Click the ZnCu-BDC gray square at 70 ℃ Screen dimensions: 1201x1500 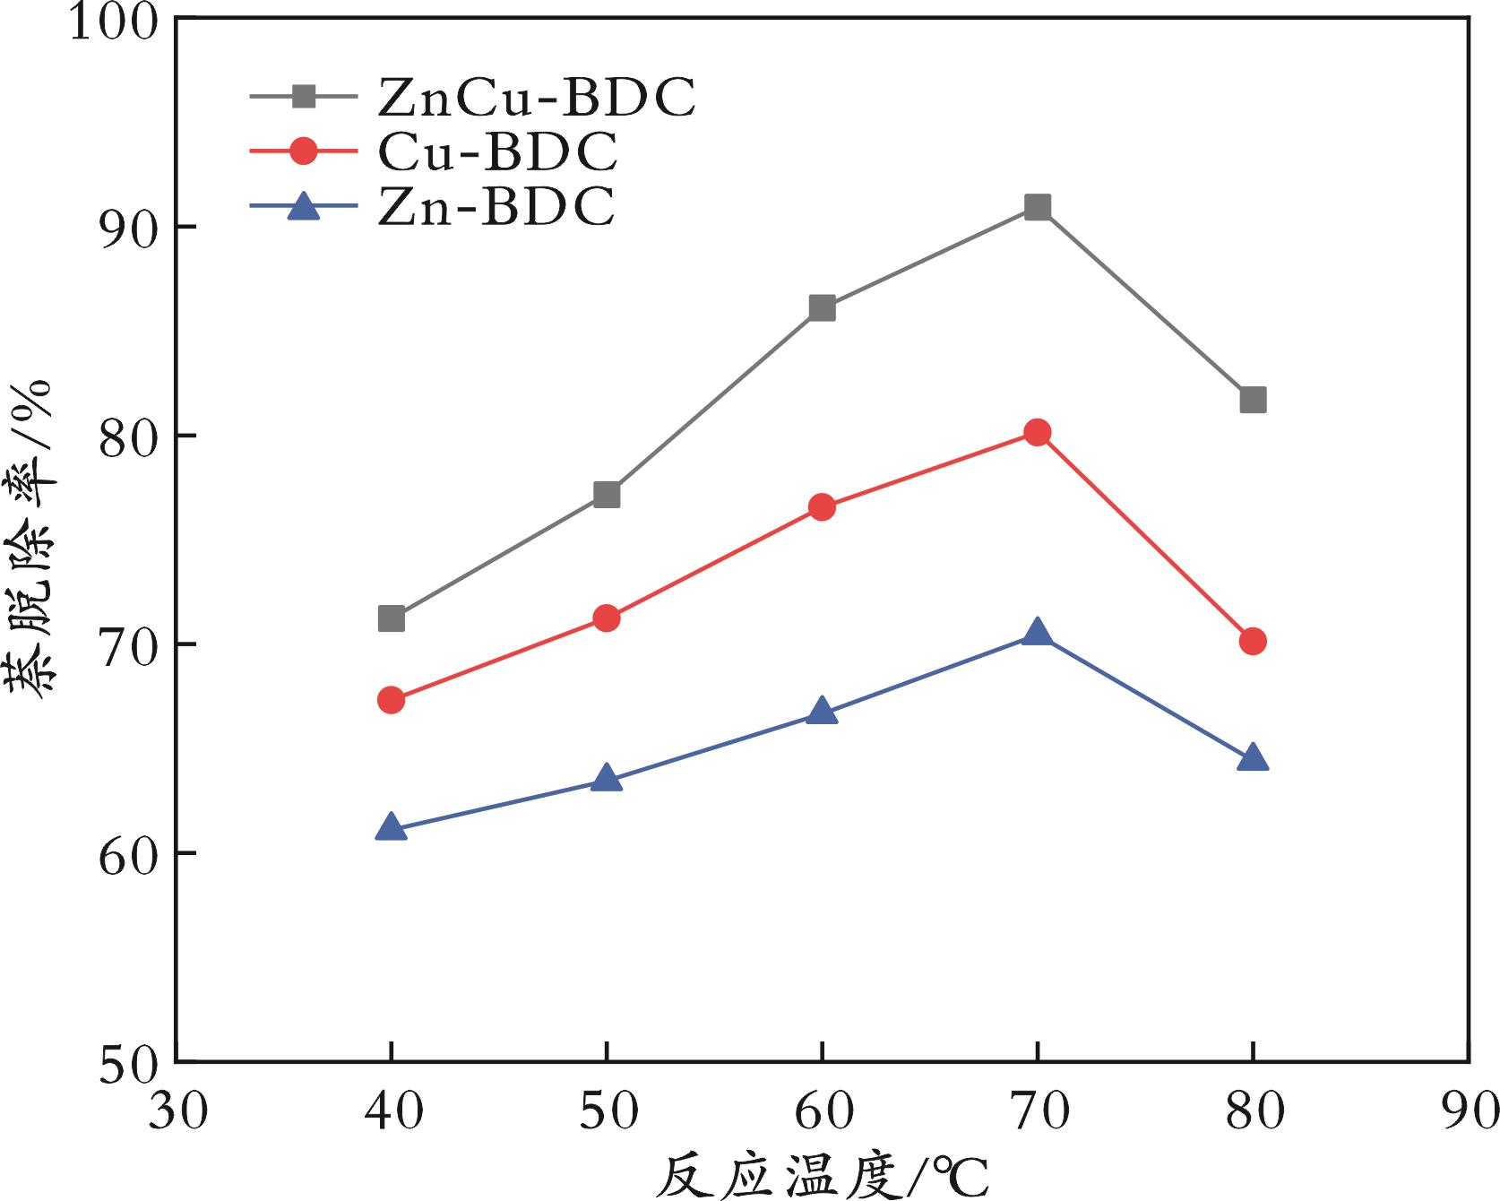[1038, 208]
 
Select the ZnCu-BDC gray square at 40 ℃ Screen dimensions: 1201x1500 [392, 618]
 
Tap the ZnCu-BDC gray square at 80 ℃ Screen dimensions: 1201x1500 [1253, 400]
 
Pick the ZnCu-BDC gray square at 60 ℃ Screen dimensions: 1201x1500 [822, 308]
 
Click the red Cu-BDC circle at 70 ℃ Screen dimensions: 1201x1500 [1038, 433]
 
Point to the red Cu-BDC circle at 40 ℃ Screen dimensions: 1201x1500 [392, 700]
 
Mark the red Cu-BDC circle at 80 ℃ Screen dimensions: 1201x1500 [1253, 641]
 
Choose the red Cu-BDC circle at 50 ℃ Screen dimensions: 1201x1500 [607, 618]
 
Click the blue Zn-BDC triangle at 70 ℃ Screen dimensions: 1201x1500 [1038, 633]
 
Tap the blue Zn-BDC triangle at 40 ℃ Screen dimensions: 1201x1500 [392, 827]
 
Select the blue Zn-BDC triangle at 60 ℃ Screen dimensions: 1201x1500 [822, 712]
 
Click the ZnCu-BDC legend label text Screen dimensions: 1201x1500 [536, 98]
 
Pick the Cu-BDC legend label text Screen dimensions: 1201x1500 [497, 152]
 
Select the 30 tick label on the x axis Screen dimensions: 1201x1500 [177, 1112]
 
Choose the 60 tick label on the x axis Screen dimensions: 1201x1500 [823, 1112]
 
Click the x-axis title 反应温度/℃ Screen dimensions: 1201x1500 [821, 1173]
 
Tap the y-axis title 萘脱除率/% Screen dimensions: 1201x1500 [33, 538]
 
